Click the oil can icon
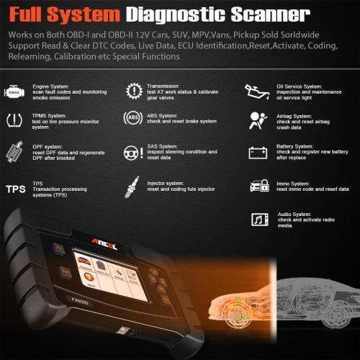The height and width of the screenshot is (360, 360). point(253,91)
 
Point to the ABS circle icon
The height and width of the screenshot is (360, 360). point(133,120)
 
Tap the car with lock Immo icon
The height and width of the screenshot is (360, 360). point(255,188)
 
